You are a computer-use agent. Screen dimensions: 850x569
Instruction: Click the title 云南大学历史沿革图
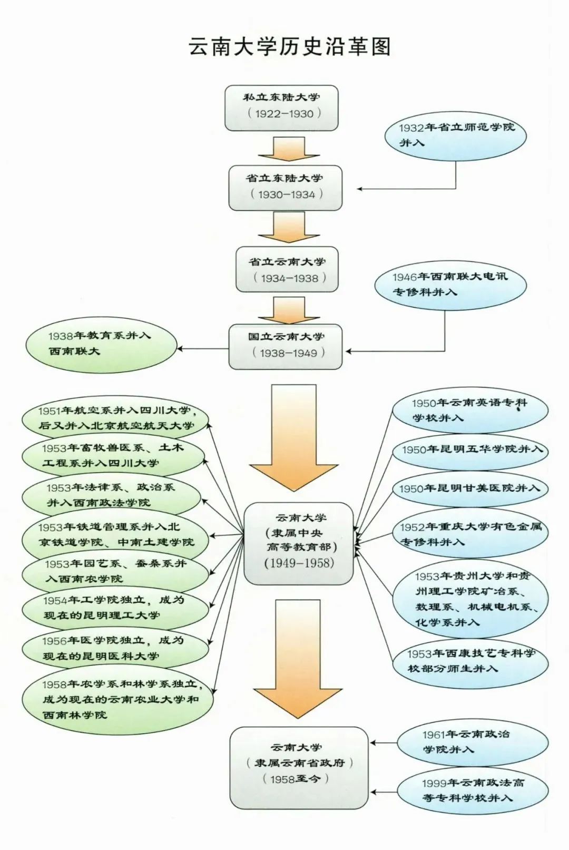(289, 46)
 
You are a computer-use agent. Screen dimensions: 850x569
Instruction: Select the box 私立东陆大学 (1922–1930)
(281, 108)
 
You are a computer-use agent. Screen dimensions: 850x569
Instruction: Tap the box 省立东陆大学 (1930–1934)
(285, 188)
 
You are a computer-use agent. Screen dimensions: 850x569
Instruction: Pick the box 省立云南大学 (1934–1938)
(287, 269)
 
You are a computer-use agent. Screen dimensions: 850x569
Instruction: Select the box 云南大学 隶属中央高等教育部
(299, 543)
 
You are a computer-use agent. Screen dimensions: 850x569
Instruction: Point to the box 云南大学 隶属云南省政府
(299, 767)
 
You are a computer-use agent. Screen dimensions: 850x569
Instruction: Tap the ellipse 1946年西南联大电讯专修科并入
(450, 285)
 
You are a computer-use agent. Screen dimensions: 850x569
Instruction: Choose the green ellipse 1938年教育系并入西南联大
(101, 344)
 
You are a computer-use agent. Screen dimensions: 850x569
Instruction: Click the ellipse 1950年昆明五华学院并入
(470, 450)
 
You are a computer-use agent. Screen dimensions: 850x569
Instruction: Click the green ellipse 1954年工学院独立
(114, 608)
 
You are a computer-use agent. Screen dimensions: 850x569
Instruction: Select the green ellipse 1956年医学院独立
(114, 648)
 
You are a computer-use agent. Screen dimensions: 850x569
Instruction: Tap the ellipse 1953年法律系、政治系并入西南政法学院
(111, 495)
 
